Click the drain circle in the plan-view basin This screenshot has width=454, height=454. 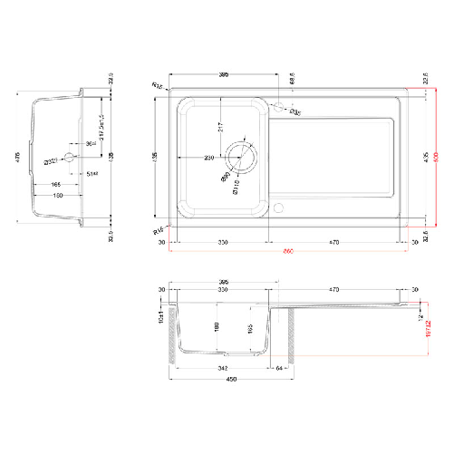pos(240,157)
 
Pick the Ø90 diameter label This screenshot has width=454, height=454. pos(224,178)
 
